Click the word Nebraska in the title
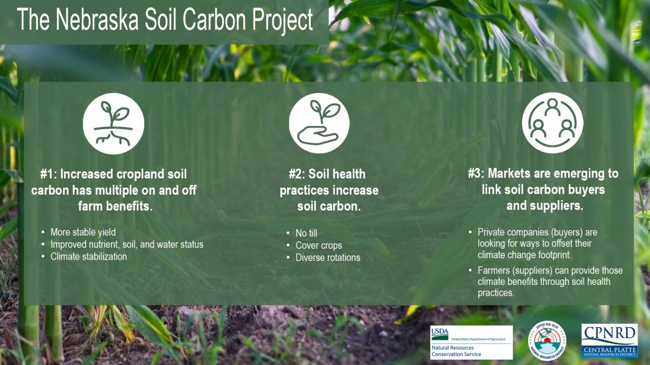(97, 19)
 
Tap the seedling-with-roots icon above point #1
(113, 124)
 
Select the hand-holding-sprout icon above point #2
(319, 123)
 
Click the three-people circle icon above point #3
(552, 123)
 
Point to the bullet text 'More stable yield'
(83, 232)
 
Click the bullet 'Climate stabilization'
(89, 256)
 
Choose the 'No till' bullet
(307, 233)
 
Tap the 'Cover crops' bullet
(318, 245)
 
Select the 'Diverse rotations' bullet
(328, 257)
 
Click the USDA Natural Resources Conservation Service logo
(472, 342)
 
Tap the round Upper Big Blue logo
(547, 340)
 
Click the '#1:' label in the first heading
(48, 174)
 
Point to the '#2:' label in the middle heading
(297, 174)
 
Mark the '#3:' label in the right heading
(476, 174)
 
